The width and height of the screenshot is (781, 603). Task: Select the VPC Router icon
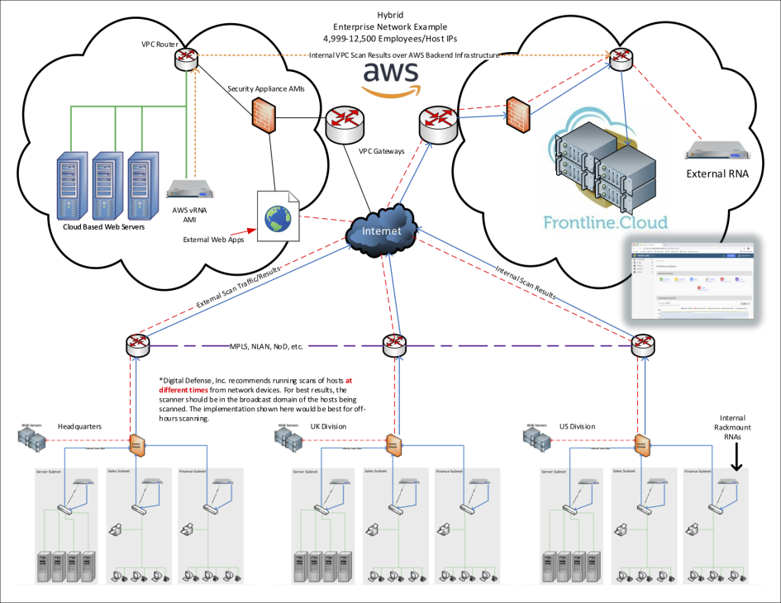(x=186, y=57)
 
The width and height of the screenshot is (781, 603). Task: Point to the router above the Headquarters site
(x=139, y=345)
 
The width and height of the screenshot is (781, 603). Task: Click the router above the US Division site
(x=644, y=345)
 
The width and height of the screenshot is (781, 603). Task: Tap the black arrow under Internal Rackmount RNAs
(x=736, y=462)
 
